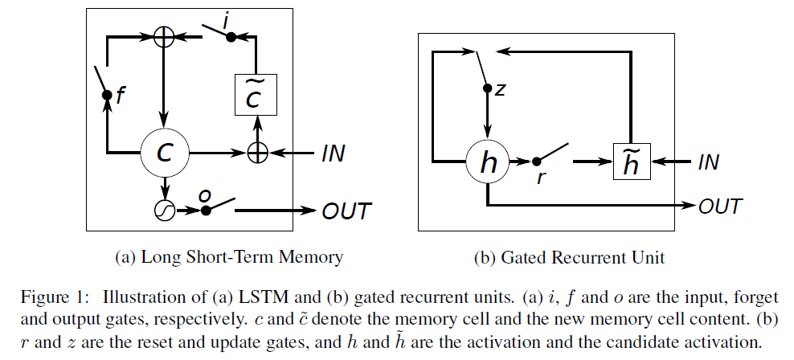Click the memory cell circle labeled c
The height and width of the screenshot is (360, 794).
coord(165,152)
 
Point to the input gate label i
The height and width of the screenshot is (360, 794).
coord(227,24)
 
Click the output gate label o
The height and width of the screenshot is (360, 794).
coord(204,196)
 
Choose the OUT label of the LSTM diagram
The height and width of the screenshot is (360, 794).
coord(346,211)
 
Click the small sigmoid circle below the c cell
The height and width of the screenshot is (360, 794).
coord(164,210)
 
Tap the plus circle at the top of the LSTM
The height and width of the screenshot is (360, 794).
coord(164,37)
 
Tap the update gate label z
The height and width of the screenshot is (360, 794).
coord(500,88)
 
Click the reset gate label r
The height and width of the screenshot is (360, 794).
coord(541,179)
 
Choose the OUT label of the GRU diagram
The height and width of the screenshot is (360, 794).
coord(720,206)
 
